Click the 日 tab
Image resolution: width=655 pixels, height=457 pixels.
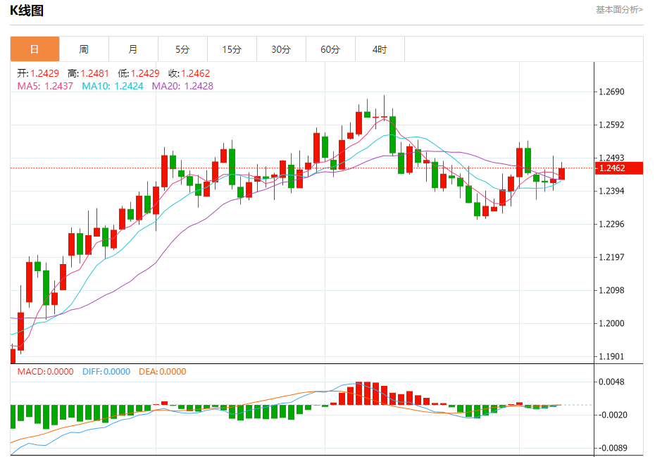(35, 49)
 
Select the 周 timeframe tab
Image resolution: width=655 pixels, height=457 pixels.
(84, 49)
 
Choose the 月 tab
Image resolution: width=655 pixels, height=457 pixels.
(133, 49)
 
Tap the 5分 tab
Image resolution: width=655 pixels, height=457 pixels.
(182, 49)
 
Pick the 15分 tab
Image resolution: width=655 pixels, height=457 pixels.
(232, 49)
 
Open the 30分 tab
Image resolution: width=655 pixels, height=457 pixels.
(281, 49)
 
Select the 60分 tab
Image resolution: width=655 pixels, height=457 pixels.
(330, 49)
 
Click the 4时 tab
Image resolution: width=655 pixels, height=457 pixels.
(380, 49)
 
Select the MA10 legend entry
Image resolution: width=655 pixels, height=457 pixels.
(113, 86)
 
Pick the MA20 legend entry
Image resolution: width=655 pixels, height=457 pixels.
(182, 86)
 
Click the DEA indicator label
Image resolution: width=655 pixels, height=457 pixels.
(163, 372)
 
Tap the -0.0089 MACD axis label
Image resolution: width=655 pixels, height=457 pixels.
(611, 448)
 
